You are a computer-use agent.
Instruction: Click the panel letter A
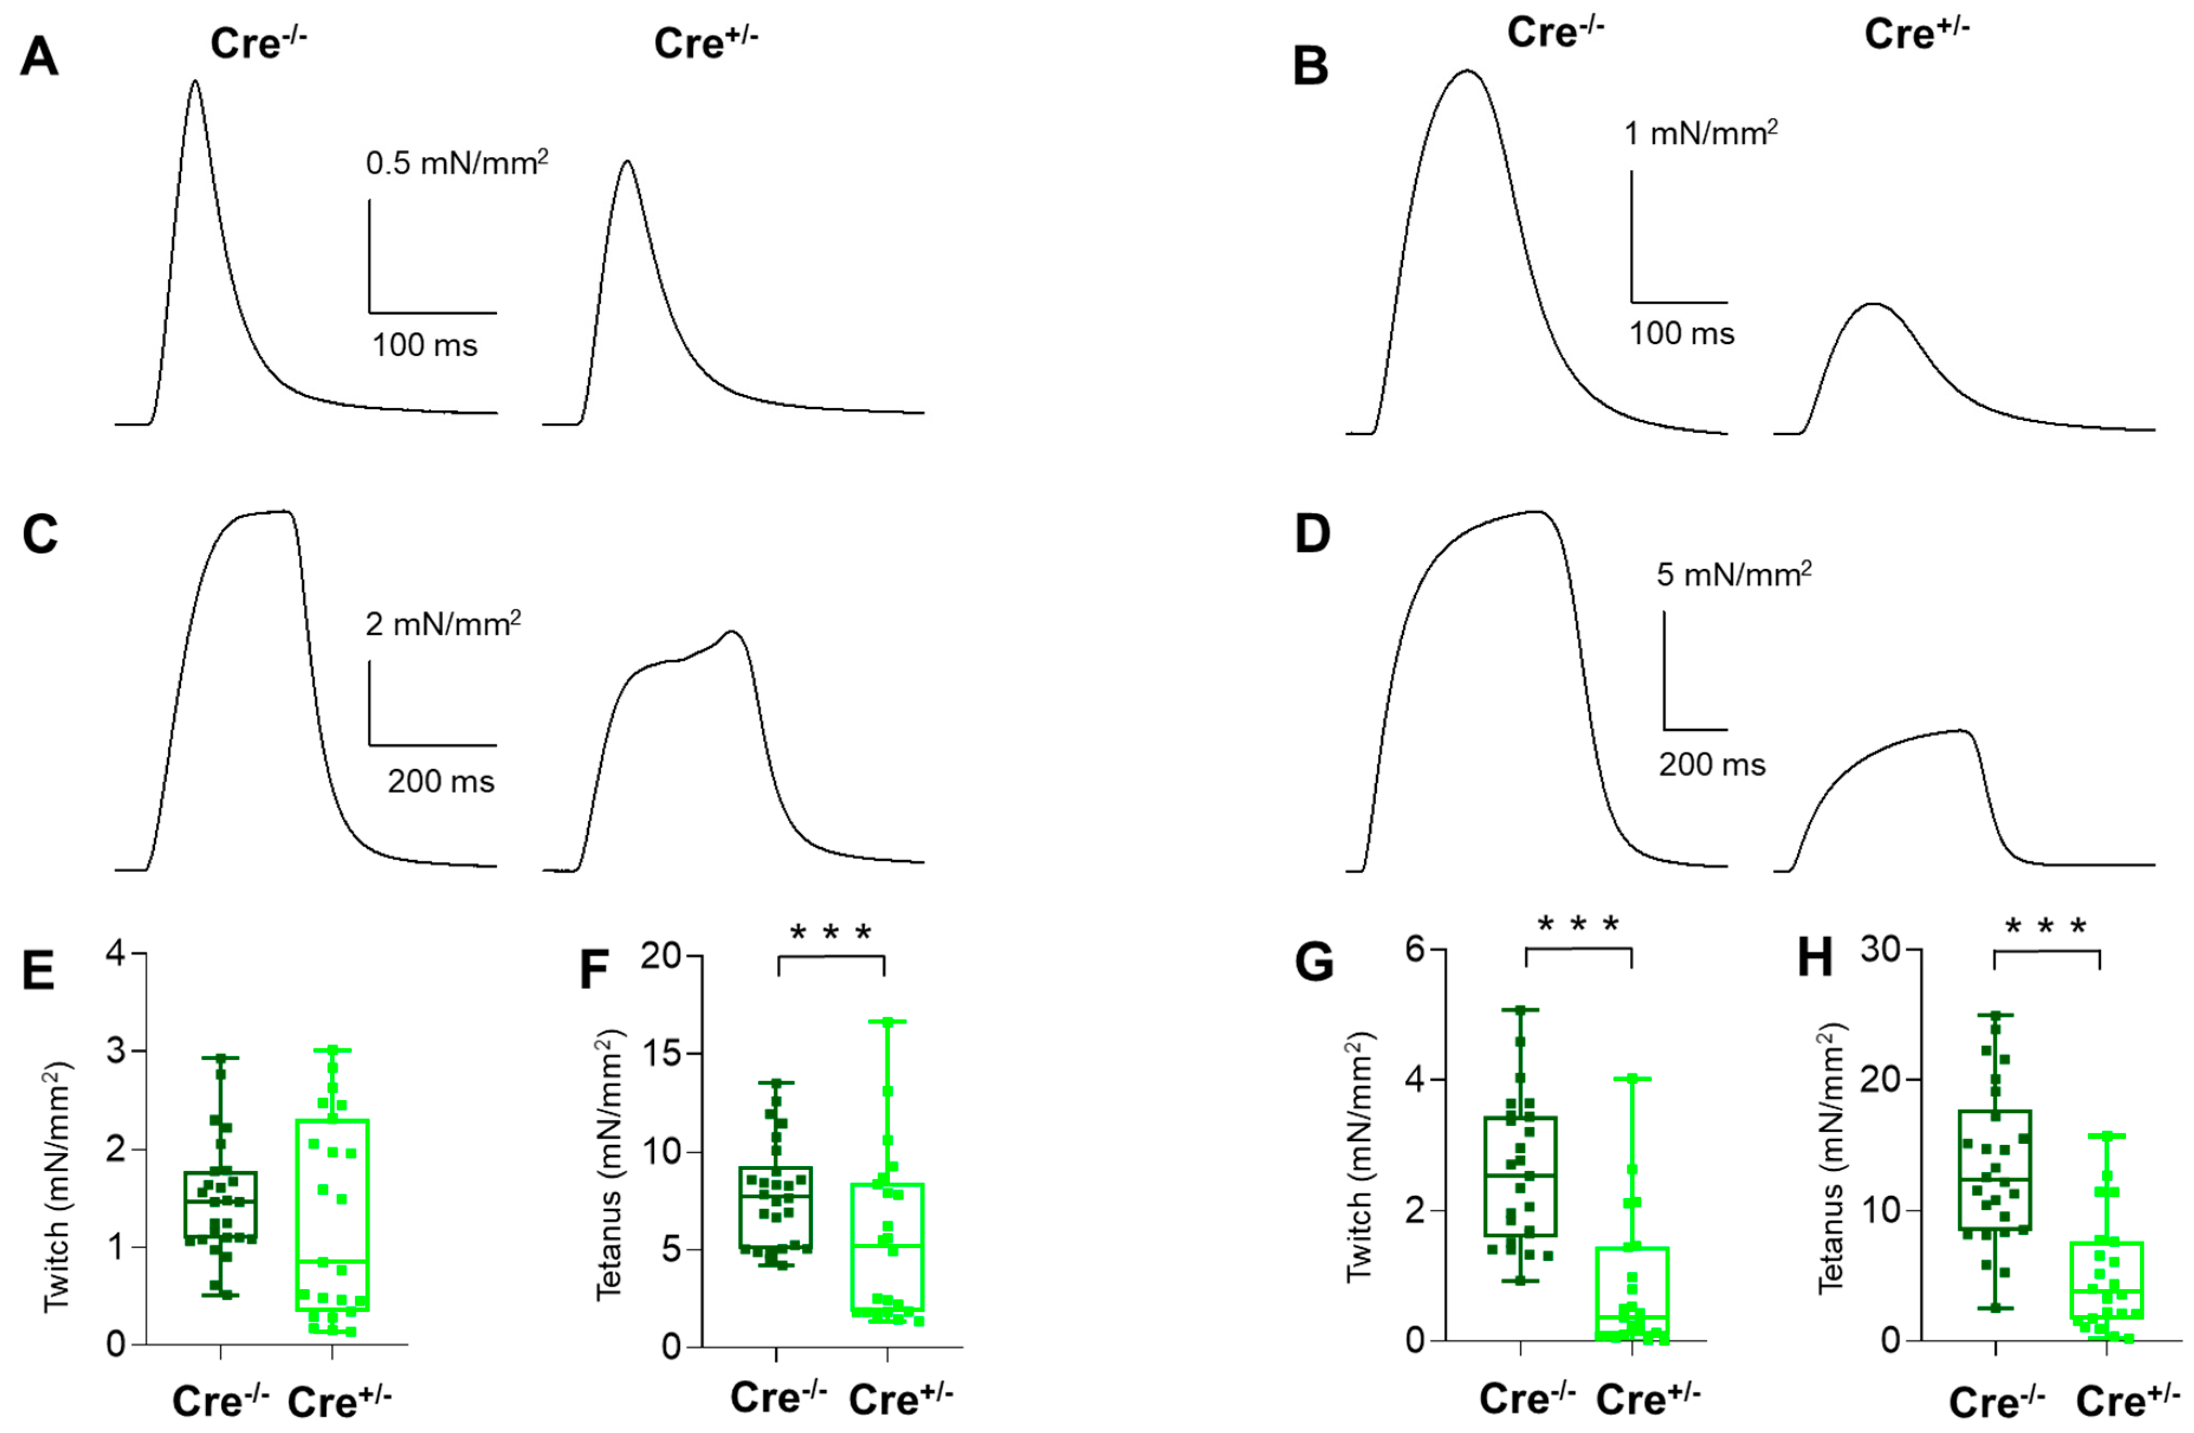[39, 58]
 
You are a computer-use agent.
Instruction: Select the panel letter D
[1313, 534]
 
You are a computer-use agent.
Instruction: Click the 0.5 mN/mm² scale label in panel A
[456, 163]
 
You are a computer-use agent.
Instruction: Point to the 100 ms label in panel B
[1681, 334]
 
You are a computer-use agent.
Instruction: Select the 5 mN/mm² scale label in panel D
[1733, 575]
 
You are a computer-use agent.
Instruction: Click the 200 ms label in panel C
[441, 782]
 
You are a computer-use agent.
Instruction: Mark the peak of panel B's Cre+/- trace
[1873, 304]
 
